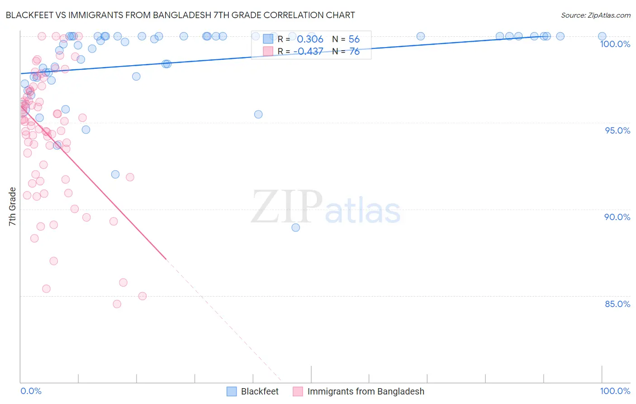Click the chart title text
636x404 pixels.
click(180, 15)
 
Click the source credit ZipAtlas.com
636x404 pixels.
click(595, 15)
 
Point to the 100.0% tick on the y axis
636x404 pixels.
click(615, 44)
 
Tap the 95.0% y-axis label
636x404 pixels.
click(617, 130)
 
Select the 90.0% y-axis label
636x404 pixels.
click(617, 217)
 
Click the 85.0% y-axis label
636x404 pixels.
click(617, 304)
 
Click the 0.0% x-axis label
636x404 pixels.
click(31, 391)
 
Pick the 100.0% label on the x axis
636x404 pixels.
click(615, 391)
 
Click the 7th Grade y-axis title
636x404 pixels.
click(13, 207)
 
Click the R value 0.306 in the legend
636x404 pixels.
click(310, 39)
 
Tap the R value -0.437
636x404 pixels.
click(308, 52)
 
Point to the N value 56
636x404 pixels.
click(354, 39)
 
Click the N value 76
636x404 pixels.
click(354, 52)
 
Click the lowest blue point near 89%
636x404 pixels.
click(296, 227)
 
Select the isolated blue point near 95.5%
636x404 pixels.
click(258, 114)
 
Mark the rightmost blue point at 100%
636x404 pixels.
click(602, 36)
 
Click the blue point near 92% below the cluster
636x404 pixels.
click(115, 174)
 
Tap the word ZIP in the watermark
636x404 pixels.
click(286, 207)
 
